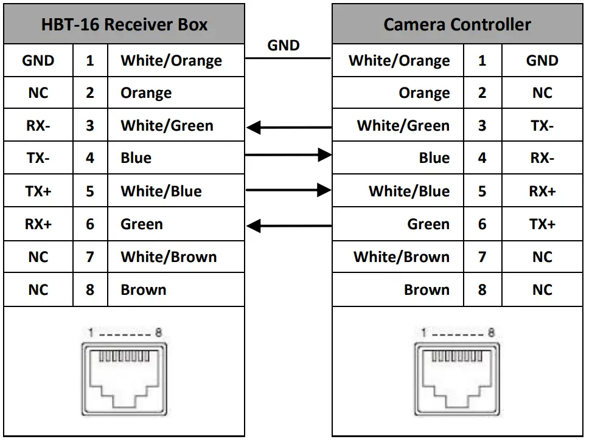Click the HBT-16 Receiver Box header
(x=124, y=25)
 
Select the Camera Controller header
(x=457, y=25)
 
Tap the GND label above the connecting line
(x=284, y=45)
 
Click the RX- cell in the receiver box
(x=38, y=126)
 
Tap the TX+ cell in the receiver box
(x=38, y=192)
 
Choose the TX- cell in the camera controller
(x=542, y=126)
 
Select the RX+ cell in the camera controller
(x=542, y=192)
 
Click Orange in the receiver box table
(x=146, y=94)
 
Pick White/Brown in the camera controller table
(x=401, y=257)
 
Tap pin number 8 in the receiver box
(x=90, y=290)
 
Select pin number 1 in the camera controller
(x=482, y=61)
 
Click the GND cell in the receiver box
(x=38, y=61)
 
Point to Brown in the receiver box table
(x=143, y=290)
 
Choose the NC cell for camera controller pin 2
(x=542, y=94)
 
